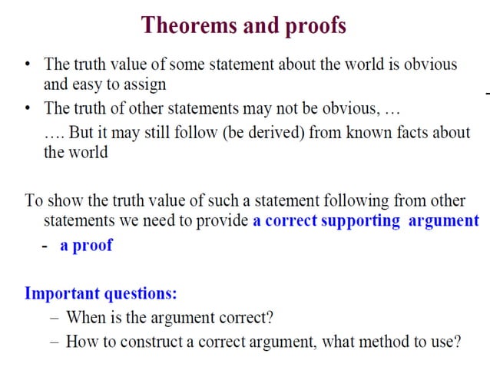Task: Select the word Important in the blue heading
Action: (x=61, y=293)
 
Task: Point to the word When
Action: (x=85, y=317)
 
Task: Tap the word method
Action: (x=389, y=341)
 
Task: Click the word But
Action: (x=81, y=132)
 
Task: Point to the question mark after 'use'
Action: (x=457, y=341)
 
